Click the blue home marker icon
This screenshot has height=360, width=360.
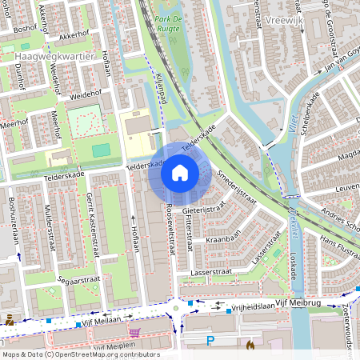pos(180,173)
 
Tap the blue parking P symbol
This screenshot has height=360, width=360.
pos(210,340)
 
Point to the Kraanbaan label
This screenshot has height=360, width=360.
pos(223,239)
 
